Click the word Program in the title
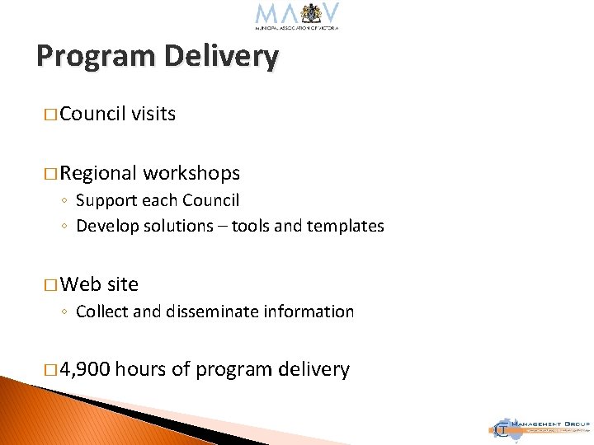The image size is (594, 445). [x=96, y=57]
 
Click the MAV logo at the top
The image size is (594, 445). [x=297, y=16]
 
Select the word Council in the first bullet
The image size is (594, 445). [x=93, y=114]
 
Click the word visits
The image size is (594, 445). [x=153, y=114]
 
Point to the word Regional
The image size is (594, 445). [x=98, y=173]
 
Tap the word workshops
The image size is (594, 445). [x=191, y=173]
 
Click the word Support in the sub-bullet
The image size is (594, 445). [x=105, y=200]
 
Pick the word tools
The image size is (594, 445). [x=252, y=226]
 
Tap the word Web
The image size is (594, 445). [x=80, y=284]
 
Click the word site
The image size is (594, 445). [x=123, y=284]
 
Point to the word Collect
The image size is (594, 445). [x=102, y=311]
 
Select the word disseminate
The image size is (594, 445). [x=210, y=311]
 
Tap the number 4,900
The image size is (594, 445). [x=85, y=370]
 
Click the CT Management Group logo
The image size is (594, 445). [x=540, y=426]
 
